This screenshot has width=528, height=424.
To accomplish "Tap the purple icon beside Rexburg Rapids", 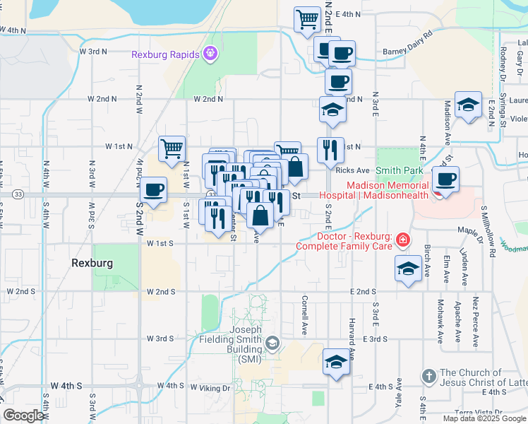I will pyautogui.click(x=210, y=53).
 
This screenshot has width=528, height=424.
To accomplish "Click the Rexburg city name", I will pyautogui.click(x=92, y=262).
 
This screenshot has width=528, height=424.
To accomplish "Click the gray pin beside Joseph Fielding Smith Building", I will pyautogui.click(x=272, y=344).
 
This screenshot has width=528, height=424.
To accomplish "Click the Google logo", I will pyautogui.click(x=24, y=416).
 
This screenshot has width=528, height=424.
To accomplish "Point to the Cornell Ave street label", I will pyautogui.click(x=305, y=315).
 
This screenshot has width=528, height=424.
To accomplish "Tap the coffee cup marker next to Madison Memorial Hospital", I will pyautogui.click(x=445, y=179).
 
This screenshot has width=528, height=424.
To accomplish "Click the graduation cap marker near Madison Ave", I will pyautogui.click(x=467, y=105).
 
